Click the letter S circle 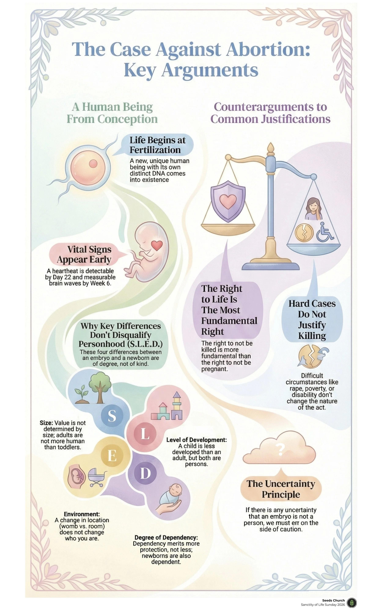click(112, 415)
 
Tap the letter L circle click(145, 434)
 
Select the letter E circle click(112, 456)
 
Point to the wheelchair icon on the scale click(325, 232)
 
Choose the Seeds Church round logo click(351, 602)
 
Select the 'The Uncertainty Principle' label click(281, 489)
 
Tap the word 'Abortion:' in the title click(268, 49)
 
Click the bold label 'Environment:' click(82, 514)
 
